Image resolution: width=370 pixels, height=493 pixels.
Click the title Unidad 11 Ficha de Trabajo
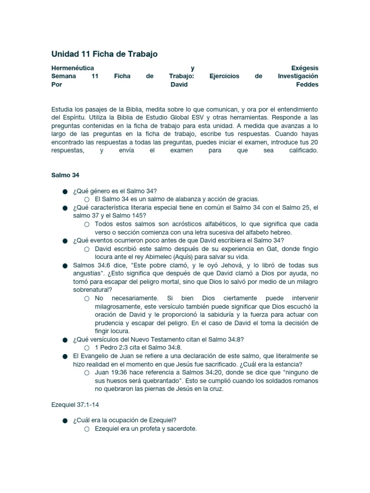[x=105, y=54]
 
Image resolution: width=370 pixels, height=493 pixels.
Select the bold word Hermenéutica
[x=73, y=68]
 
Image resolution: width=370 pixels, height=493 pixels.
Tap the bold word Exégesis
[x=304, y=68]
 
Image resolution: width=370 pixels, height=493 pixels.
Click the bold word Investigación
[x=298, y=76]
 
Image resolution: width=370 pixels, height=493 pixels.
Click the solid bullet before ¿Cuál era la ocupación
[x=64, y=420]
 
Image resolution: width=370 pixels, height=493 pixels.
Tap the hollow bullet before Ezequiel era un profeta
[x=86, y=429]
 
